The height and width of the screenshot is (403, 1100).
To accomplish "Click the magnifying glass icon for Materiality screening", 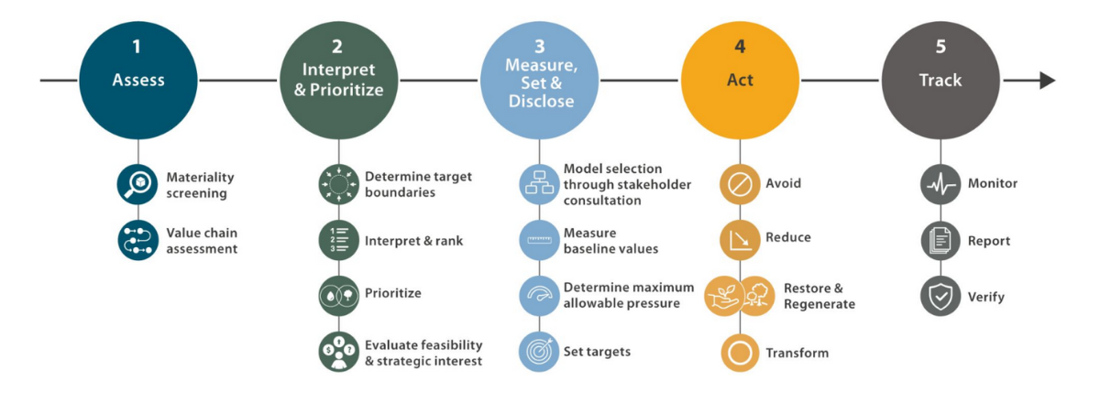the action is click(137, 184).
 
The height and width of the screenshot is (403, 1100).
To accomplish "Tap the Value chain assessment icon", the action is click(138, 240).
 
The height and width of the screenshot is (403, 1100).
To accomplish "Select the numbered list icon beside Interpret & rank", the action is click(339, 240).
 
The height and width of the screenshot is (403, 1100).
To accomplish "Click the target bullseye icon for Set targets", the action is click(539, 352).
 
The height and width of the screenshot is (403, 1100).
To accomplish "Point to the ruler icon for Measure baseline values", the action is click(539, 240).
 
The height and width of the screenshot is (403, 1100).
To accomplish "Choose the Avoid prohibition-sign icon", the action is click(740, 184).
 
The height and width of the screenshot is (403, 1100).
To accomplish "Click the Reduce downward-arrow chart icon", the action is click(740, 240).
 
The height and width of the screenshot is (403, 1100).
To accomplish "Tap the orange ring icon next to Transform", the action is click(740, 353).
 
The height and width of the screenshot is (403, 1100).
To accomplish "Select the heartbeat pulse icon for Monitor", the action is click(940, 184).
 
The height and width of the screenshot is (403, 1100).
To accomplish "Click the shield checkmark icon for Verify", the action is click(940, 296).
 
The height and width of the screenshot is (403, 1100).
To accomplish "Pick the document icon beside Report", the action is click(940, 241).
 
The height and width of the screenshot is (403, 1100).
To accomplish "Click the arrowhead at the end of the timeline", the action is click(1048, 80).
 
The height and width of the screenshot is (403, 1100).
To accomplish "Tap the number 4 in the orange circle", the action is click(740, 47).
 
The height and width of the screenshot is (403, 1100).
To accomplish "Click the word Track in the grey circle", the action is click(940, 80).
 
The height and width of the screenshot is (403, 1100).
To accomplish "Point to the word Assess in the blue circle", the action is click(138, 80).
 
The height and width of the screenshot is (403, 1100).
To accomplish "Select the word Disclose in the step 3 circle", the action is click(541, 101).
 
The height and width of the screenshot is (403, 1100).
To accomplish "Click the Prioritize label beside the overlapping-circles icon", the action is click(393, 293).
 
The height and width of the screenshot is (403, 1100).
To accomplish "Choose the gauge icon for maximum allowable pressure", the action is click(539, 296).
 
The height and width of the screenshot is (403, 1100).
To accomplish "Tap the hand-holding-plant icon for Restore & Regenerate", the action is click(722, 296).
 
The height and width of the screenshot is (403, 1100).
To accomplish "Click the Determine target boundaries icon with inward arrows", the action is click(339, 184).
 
